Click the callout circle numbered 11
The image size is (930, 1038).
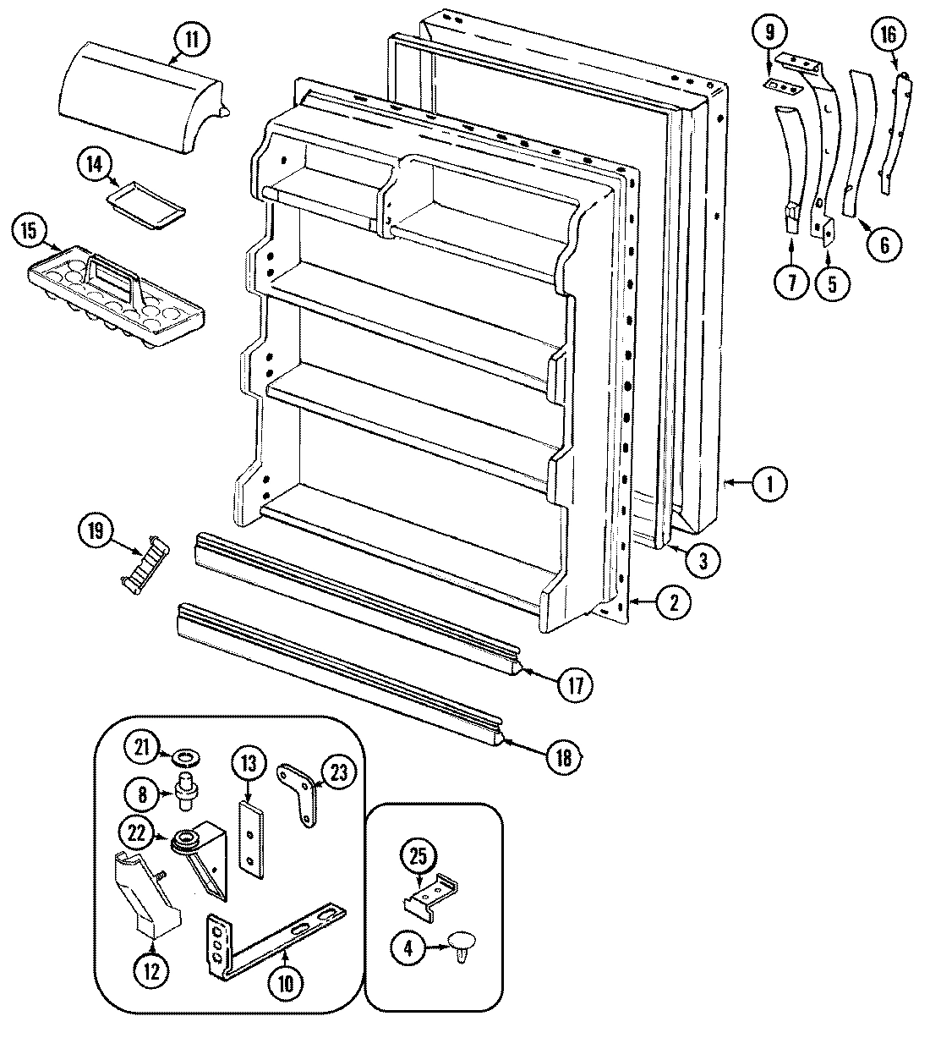pos(193,39)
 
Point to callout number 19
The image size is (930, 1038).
pos(96,531)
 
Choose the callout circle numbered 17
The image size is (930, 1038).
pos(574,684)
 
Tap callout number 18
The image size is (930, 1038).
pos(564,755)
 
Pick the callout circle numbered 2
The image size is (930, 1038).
pos(673,602)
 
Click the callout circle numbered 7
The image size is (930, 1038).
pos(792,282)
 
